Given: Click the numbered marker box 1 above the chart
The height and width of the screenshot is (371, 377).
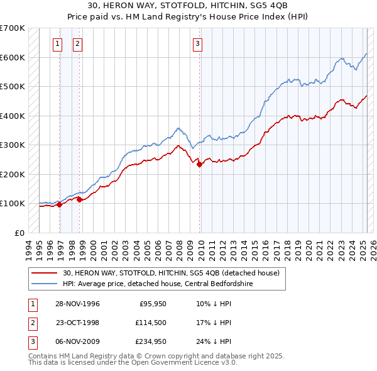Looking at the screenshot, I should [57, 43].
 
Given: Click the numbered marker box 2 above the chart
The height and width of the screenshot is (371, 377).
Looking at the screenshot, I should [77, 43].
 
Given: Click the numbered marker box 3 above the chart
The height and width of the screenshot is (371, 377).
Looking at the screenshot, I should [197, 43].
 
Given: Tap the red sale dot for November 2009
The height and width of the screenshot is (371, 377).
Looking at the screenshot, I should [200, 164].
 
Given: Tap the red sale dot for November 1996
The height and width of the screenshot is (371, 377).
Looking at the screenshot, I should [59, 204].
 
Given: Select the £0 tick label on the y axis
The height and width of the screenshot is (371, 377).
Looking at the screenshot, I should [20, 233].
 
